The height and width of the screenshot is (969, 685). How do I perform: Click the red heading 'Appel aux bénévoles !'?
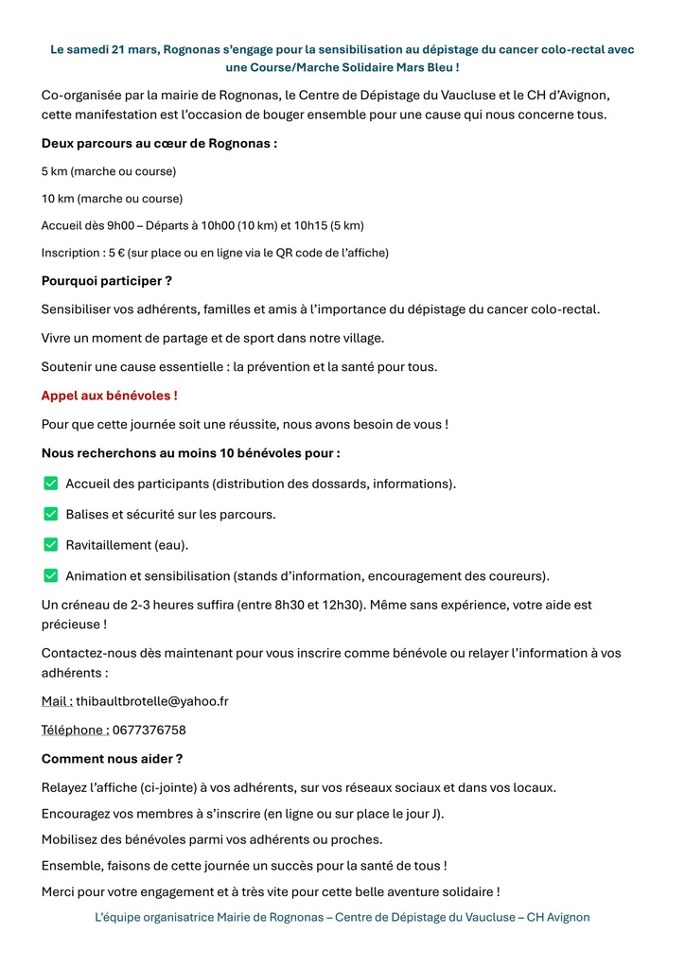click(110, 396)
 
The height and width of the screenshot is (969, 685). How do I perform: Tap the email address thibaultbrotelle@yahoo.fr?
click(152, 701)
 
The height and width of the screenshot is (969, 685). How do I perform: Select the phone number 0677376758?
click(149, 730)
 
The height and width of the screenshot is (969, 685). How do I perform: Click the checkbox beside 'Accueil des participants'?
click(51, 484)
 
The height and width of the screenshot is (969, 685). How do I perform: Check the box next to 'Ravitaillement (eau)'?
click(51, 545)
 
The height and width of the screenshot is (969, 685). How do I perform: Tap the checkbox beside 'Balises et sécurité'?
click(51, 514)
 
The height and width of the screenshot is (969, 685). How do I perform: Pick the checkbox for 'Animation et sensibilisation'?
click(51, 575)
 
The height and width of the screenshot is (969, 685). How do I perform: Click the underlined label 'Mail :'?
click(57, 701)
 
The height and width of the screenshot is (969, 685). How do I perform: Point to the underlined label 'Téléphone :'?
click(75, 730)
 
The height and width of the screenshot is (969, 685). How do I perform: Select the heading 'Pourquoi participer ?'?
click(107, 281)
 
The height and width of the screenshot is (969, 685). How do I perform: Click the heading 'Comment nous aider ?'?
click(113, 758)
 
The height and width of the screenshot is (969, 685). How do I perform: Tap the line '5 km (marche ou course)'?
click(109, 171)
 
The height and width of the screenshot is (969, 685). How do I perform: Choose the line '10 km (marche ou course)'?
click(112, 199)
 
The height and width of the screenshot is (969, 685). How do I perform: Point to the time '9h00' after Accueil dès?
click(119, 225)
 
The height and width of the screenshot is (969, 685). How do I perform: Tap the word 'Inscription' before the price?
click(72, 253)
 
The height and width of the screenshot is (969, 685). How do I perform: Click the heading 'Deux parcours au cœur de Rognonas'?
click(159, 144)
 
